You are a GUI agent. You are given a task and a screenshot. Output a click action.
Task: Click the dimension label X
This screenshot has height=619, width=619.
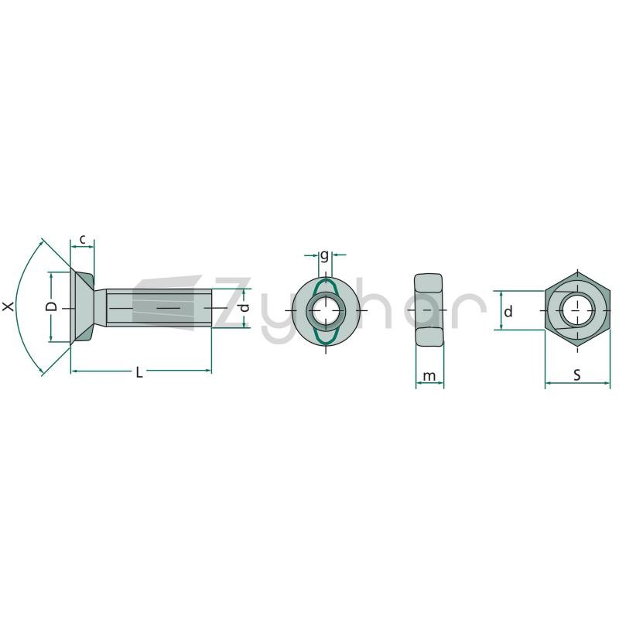(x=9, y=306)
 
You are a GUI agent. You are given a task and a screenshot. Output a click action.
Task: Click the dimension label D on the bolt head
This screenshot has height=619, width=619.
(x=51, y=306)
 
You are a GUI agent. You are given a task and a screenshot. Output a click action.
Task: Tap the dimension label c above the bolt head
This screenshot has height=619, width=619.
(x=82, y=239)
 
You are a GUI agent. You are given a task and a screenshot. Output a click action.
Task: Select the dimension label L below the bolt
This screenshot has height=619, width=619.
(x=139, y=372)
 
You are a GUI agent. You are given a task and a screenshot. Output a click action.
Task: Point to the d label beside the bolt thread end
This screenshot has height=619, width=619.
(x=245, y=307)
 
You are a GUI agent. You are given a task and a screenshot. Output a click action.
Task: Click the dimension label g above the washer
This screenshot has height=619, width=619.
(x=324, y=256)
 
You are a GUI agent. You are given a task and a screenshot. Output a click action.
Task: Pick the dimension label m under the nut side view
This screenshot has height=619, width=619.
(x=429, y=376)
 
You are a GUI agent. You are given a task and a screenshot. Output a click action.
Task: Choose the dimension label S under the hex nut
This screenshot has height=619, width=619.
(x=577, y=374)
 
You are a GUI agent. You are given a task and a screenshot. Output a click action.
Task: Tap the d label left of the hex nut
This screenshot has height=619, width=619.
(x=508, y=312)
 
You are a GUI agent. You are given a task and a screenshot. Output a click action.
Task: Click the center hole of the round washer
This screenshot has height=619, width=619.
(x=326, y=311)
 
